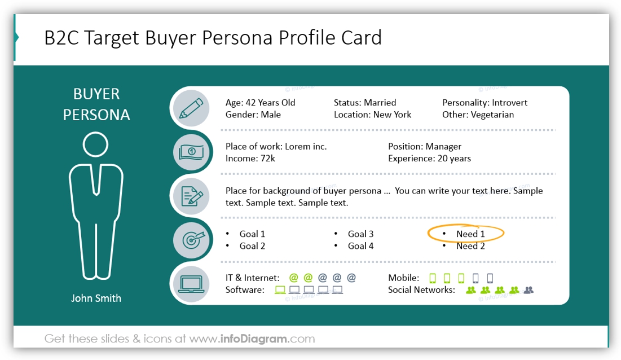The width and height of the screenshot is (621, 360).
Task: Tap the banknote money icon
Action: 191,152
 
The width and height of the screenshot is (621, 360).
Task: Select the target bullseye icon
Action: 191,239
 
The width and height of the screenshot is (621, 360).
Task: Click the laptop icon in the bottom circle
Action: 191,283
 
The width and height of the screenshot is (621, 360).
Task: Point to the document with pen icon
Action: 191,196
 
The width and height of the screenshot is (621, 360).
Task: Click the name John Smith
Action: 96,298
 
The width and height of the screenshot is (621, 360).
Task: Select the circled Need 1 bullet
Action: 470,234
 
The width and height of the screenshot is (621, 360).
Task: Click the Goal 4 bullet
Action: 360,246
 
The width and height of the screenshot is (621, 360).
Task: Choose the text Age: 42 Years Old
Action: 260,103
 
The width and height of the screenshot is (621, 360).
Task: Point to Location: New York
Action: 372,115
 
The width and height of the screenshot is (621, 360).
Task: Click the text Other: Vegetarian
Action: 478,115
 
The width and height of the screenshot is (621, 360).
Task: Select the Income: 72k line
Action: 250,159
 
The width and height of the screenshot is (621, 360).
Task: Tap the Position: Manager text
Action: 424,147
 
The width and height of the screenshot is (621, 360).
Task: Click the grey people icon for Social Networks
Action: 528,290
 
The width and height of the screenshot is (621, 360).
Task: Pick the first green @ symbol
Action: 293,278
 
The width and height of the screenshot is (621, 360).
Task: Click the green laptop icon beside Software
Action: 280,290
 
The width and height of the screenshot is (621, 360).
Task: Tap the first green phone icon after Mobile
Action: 433,278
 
